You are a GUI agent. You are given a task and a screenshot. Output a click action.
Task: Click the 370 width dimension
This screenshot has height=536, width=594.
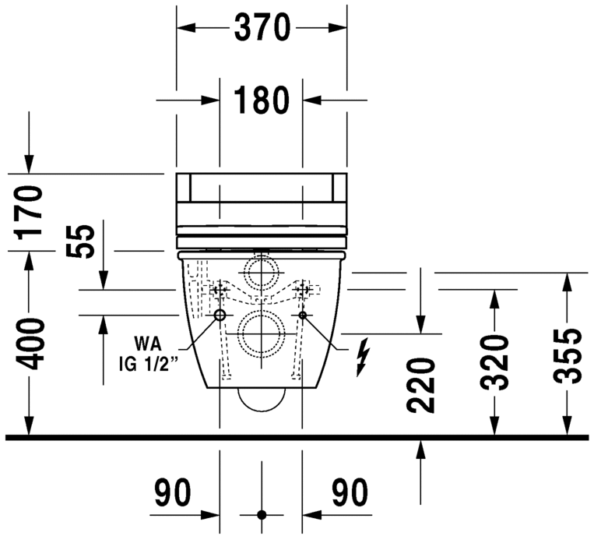(x=262, y=28)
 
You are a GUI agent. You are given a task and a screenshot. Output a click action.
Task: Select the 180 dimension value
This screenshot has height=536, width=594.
(x=262, y=100)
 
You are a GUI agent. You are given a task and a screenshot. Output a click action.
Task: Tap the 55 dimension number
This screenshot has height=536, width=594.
(x=79, y=242)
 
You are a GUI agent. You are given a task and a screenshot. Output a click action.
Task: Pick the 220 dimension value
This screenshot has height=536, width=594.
(x=420, y=385)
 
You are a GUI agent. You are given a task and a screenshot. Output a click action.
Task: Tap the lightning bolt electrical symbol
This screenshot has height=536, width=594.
(x=361, y=357)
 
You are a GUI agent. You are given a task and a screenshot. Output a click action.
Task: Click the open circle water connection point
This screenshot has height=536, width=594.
(x=220, y=315)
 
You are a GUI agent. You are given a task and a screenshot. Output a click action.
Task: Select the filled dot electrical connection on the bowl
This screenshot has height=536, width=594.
(x=304, y=315)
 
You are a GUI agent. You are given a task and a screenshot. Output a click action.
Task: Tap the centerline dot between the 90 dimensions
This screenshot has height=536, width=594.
(x=262, y=515)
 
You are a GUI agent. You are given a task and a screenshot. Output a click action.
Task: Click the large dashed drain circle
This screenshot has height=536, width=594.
(x=262, y=333)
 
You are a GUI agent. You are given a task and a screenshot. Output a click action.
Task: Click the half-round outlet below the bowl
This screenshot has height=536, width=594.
(x=262, y=398)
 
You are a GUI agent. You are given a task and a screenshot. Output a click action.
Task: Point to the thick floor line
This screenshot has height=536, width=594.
(x=296, y=438)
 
